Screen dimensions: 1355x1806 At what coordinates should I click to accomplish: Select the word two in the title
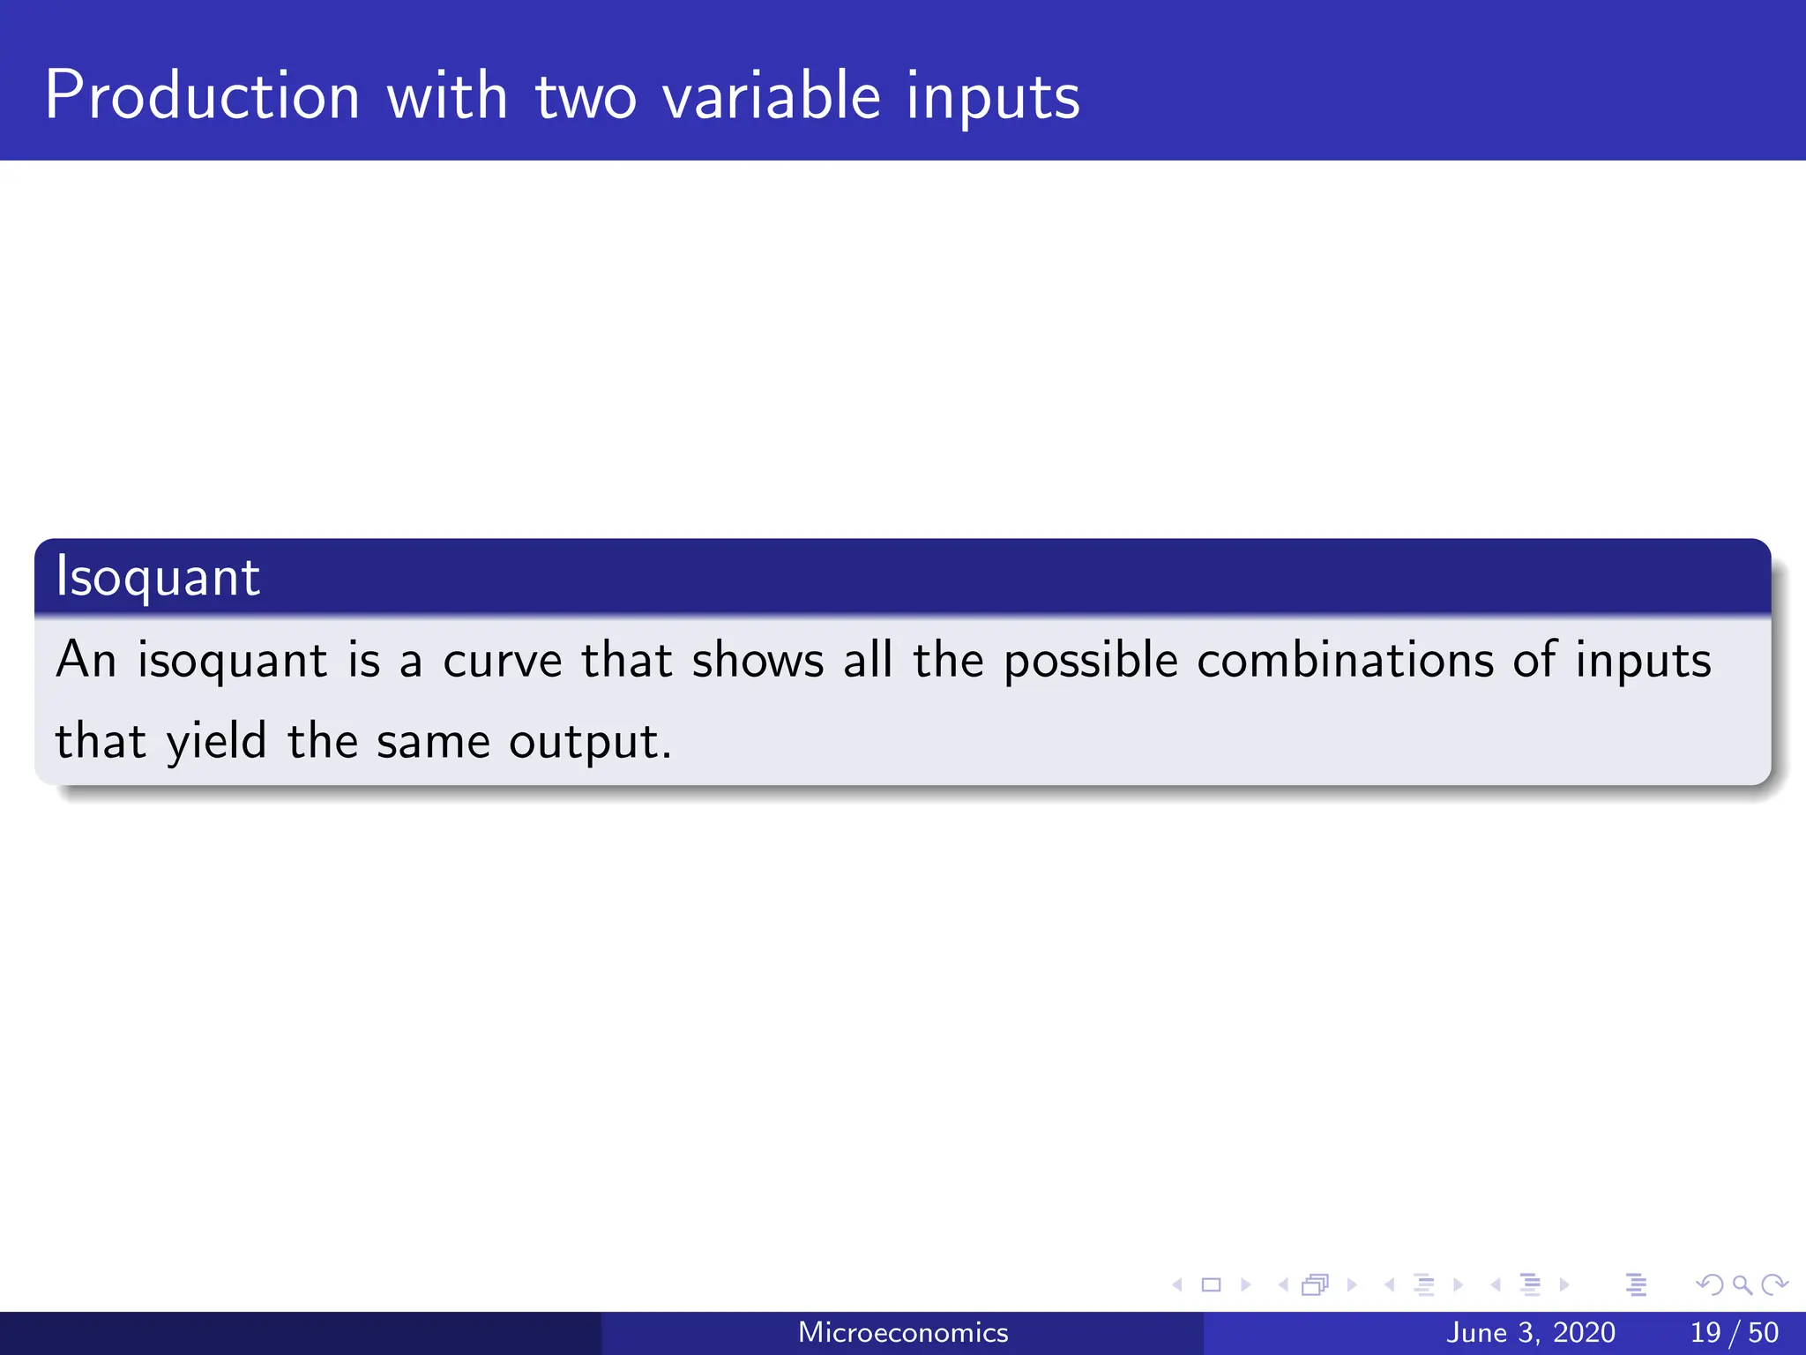pyautogui.click(x=586, y=97)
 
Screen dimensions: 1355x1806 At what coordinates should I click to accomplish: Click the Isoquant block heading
pyautogui.click(x=158, y=579)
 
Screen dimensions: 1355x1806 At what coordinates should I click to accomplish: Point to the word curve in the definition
pyautogui.click(x=502, y=661)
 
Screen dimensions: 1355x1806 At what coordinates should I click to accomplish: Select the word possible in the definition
pyautogui.click(x=1091, y=661)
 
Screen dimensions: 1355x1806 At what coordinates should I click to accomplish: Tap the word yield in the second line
pyautogui.click(x=217, y=742)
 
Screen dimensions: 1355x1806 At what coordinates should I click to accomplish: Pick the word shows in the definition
pyautogui.click(x=757, y=661)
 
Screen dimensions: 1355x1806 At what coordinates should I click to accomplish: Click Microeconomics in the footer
pyautogui.click(x=903, y=1332)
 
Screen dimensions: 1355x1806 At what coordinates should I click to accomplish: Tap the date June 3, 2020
pyautogui.click(x=1531, y=1332)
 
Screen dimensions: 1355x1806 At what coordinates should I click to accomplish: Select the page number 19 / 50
pyautogui.click(x=1734, y=1332)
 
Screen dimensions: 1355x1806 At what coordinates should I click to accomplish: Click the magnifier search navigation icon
pyautogui.click(x=1742, y=1284)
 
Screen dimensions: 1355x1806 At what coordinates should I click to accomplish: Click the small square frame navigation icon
pyautogui.click(x=1212, y=1284)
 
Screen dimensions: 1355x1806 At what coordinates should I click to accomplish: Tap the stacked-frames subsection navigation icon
pyautogui.click(x=1315, y=1284)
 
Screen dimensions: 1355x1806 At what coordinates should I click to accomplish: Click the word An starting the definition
pyautogui.click(x=86, y=661)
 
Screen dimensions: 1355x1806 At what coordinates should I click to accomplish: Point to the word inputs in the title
pyautogui.click(x=992, y=97)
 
